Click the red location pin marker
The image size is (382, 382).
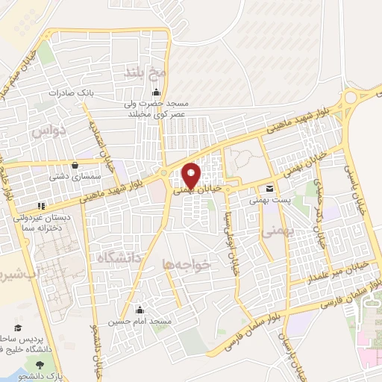point(191,175)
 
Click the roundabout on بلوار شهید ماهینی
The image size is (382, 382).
point(350,99)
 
